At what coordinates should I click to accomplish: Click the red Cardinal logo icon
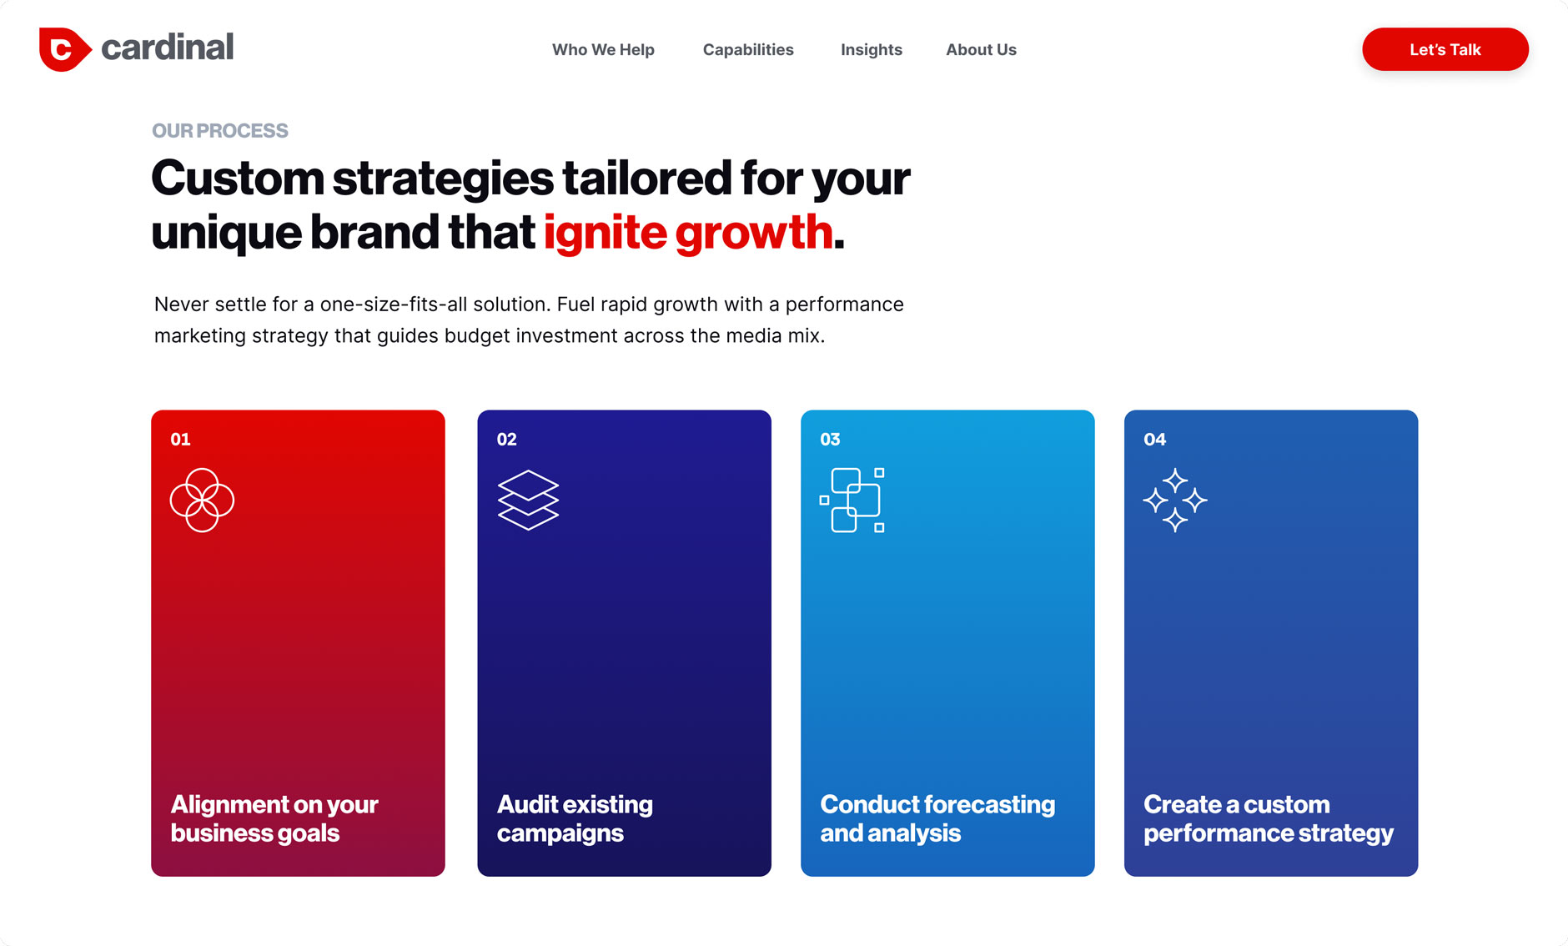(x=63, y=49)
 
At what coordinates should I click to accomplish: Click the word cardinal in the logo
(x=167, y=48)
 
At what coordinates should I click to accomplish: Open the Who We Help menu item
(x=603, y=50)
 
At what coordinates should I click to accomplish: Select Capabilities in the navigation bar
(x=748, y=50)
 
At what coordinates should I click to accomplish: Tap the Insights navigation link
(x=871, y=50)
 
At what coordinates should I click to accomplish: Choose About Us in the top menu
(x=981, y=50)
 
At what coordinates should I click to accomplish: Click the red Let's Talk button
(x=1445, y=49)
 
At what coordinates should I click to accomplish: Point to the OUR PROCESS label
(x=220, y=131)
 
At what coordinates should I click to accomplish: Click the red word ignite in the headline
(x=605, y=232)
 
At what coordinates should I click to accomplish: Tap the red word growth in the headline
(x=754, y=232)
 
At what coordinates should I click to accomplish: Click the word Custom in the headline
(x=238, y=179)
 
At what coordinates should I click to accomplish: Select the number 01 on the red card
(x=180, y=440)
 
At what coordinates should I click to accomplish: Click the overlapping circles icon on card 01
(x=202, y=501)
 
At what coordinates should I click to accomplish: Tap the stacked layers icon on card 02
(x=528, y=501)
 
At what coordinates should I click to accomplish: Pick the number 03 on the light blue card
(x=830, y=440)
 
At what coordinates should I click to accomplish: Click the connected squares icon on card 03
(x=852, y=501)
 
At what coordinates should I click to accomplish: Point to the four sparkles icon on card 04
(x=1174, y=501)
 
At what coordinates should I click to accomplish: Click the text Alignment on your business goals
(x=274, y=818)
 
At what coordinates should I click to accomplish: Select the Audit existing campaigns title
(x=575, y=818)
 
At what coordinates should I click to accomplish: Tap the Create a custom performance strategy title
(x=1268, y=818)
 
